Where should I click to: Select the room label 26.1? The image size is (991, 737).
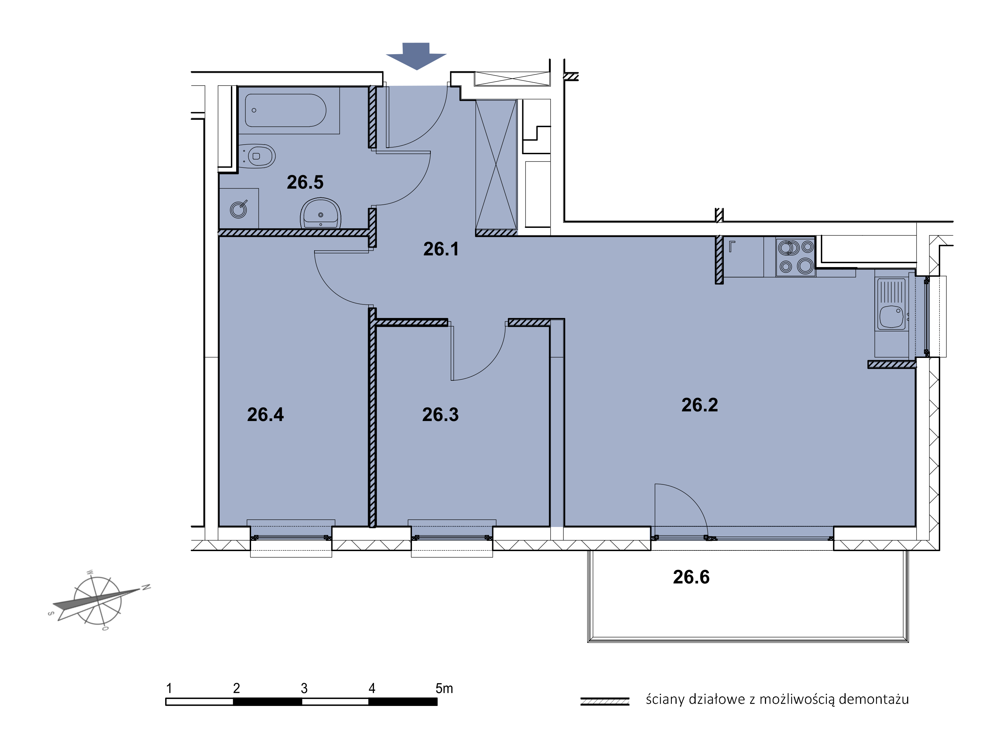click(x=441, y=249)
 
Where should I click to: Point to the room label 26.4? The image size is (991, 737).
click(x=266, y=414)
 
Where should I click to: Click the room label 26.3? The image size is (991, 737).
click(x=440, y=414)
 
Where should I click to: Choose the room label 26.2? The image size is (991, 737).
click(x=700, y=404)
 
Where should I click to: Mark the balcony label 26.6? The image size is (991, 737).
click(x=691, y=577)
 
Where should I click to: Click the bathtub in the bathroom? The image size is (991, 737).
click(x=285, y=110)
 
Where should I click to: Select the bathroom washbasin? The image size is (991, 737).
click(x=320, y=213)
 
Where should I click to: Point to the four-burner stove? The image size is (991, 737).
click(x=795, y=257)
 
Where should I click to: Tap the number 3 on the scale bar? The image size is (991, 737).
click(x=304, y=688)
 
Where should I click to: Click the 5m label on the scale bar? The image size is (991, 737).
click(x=444, y=688)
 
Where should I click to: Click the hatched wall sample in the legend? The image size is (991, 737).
click(x=605, y=701)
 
